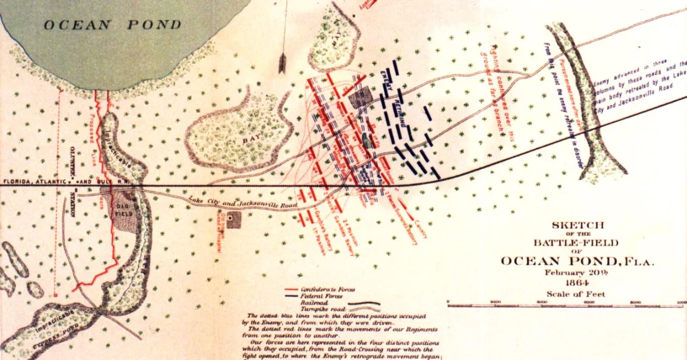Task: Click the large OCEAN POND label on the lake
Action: [112, 24]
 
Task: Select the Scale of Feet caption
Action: [574, 294]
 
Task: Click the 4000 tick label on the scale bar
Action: [541, 302]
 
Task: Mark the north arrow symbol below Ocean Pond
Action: [282, 63]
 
